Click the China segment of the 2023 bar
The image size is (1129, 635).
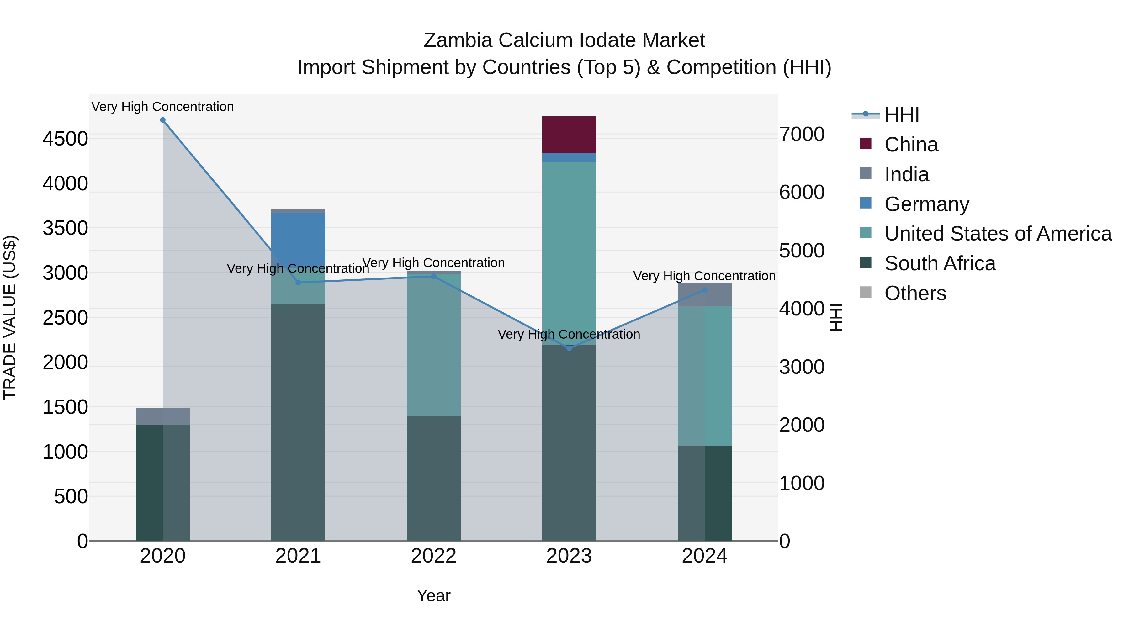[569, 135]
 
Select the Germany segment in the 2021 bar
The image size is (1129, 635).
[298, 237]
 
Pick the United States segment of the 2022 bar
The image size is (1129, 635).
[433, 346]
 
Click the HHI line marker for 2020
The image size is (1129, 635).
[162, 120]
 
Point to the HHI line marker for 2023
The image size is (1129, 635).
[569, 348]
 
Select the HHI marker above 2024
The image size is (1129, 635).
[704, 290]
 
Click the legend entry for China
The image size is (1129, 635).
[911, 145]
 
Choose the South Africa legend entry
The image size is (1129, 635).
[940, 263]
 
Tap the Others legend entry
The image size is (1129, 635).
[915, 293]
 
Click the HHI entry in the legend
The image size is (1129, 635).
[902, 115]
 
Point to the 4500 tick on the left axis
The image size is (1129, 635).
[65, 139]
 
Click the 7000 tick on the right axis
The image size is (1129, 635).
[802, 134]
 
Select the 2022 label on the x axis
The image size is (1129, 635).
[433, 556]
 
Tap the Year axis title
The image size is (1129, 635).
[433, 595]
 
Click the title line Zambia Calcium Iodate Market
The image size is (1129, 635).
[564, 40]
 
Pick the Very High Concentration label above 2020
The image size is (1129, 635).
[162, 107]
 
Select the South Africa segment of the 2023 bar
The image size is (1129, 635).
[569, 442]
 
